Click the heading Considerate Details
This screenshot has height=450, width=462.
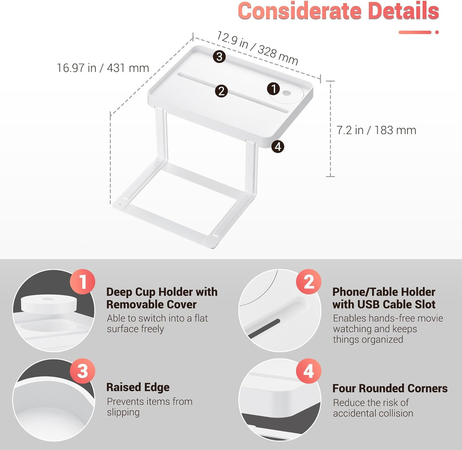click(x=338, y=11)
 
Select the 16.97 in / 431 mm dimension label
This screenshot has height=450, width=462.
click(x=103, y=68)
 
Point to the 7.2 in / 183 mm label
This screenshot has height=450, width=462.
click(x=376, y=130)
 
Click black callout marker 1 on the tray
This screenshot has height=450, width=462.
click(x=273, y=88)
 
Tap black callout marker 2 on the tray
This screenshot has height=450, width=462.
click(x=221, y=91)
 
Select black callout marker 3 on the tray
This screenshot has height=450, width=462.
click(x=219, y=57)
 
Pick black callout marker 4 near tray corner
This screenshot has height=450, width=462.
click(x=278, y=147)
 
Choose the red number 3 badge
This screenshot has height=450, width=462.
click(x=82, y=371)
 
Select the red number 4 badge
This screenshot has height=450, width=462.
click(x=309, y=371)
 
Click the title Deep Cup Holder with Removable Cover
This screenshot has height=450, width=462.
click(x=162, y=298)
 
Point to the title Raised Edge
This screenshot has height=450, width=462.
click(x=138, y=387)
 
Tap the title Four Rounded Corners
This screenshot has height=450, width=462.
click(x=390, y=388)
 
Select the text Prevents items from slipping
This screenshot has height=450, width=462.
click(x=149, y=407)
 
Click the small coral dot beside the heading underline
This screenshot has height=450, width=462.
click(x=437, y=32)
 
